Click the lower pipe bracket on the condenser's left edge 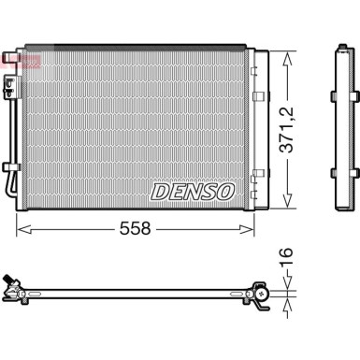click(x=10, y=169)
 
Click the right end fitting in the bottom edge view click(x=261, y=295)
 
